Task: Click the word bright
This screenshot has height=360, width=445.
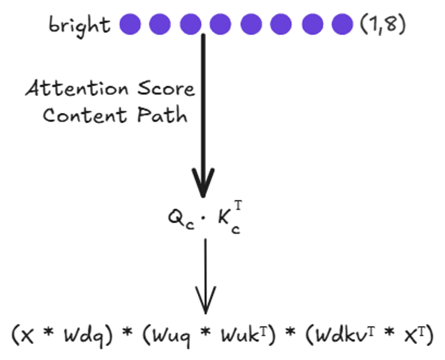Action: click(x=79, y=25)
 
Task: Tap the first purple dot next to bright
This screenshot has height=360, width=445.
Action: click(x=130, y=24)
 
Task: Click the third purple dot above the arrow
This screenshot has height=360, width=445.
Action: click(x=191, y=24)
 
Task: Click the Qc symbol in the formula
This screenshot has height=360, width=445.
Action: click(x=178, y=219)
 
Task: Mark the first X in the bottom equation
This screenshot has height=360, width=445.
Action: click(x=31, y=337)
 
